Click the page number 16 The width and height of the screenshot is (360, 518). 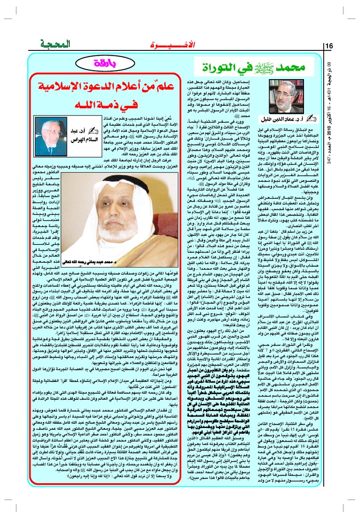(x=328, y=46)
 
